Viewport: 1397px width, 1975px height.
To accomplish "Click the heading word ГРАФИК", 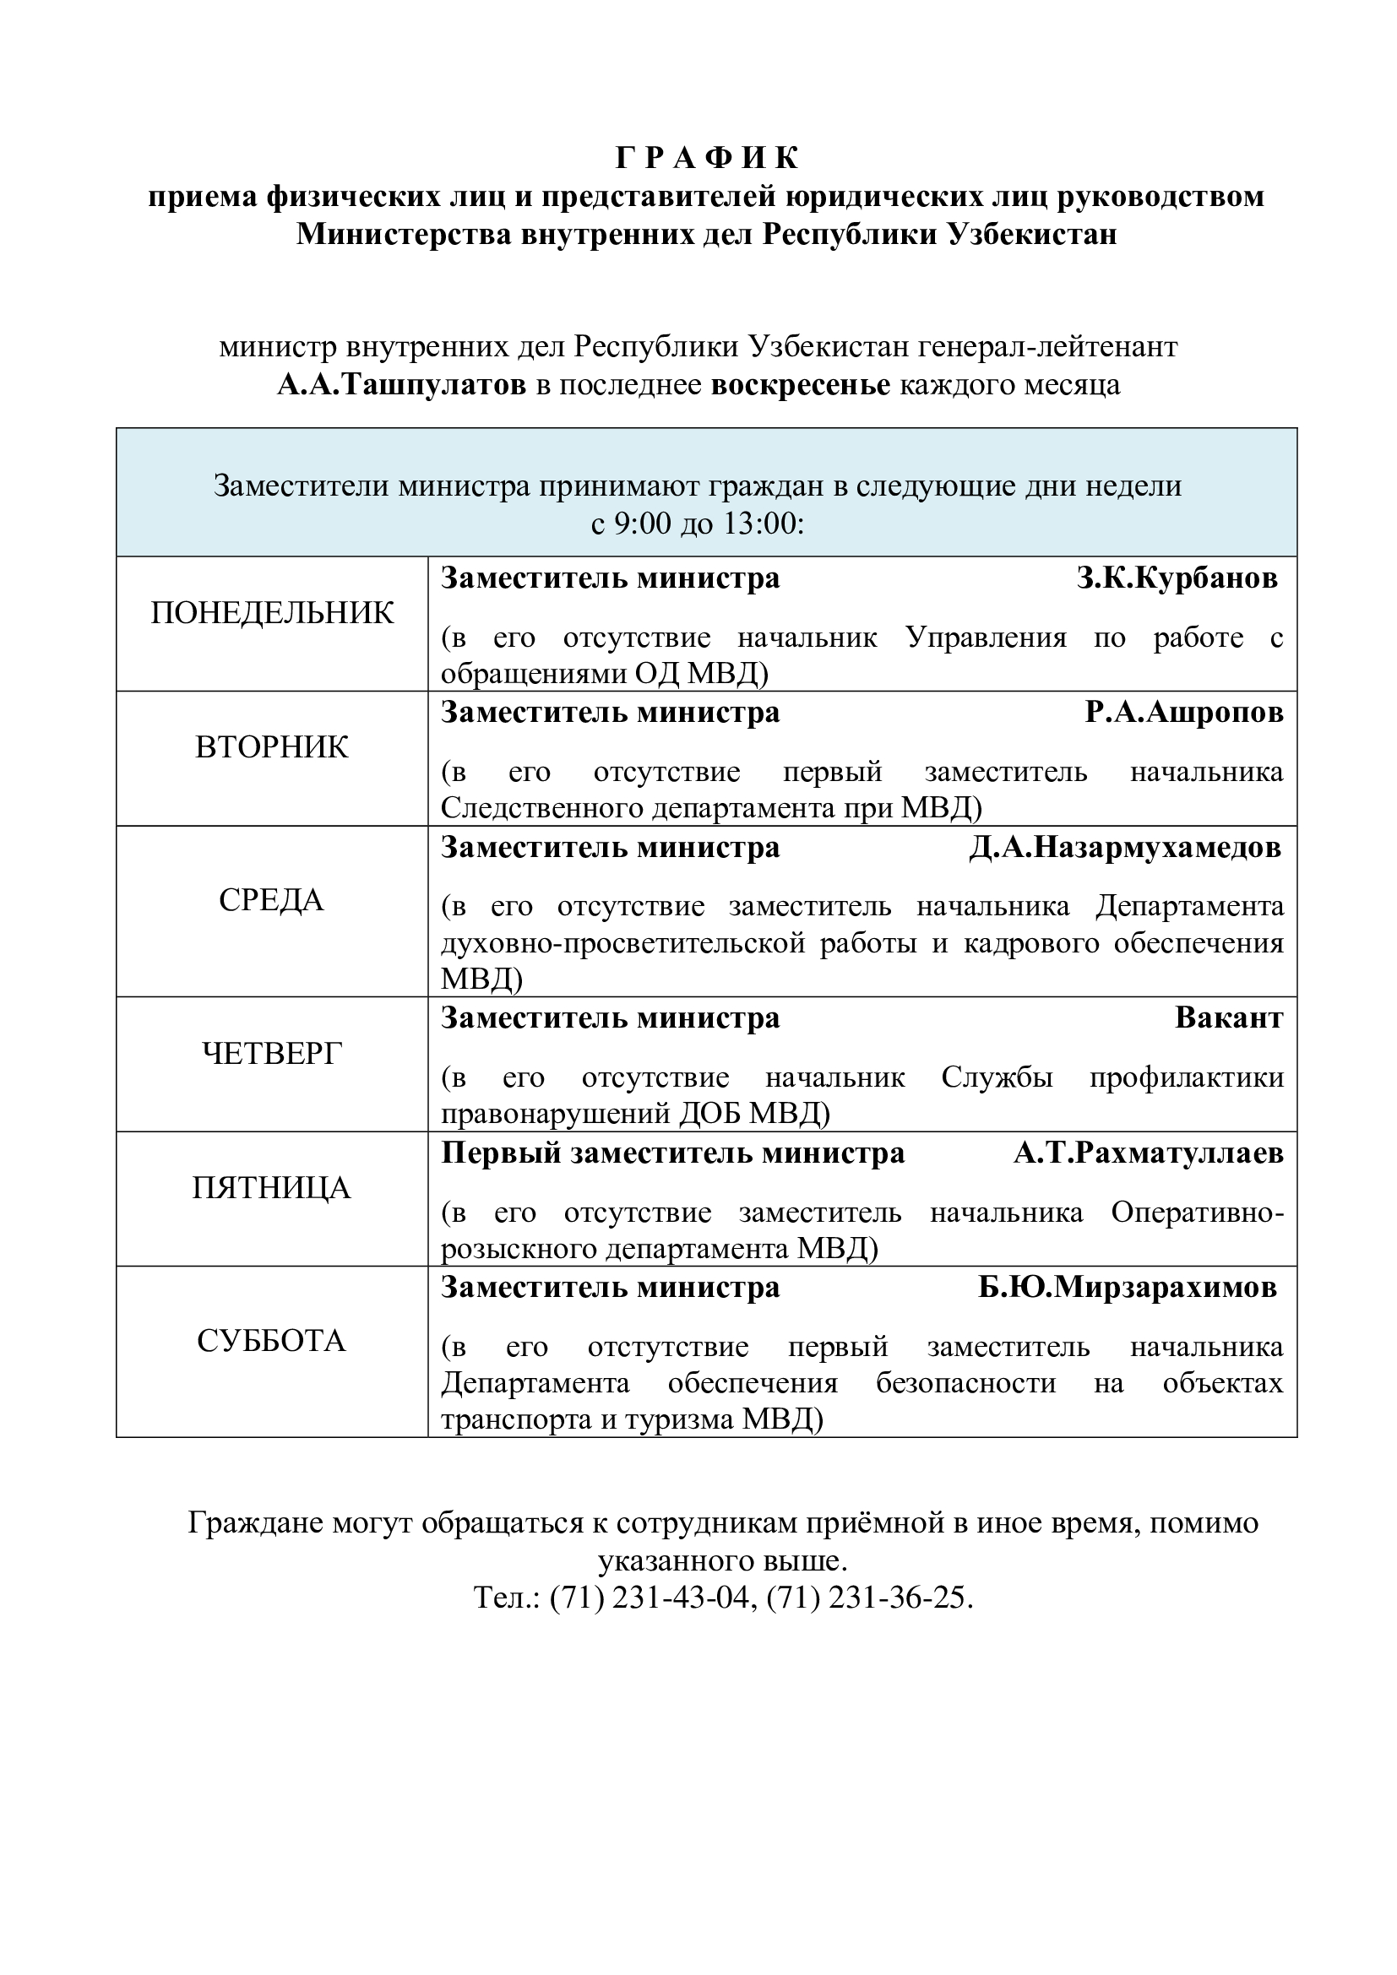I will click(x=707, y=158).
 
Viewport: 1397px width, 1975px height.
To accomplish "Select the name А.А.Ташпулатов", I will click(x=402, y=385).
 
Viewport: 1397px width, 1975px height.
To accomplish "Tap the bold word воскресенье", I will click(x=800, y=385).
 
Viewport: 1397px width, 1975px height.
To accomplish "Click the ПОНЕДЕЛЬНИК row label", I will click(x=272, y=613).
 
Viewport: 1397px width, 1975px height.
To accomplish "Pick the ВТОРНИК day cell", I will click(x=272, y=747).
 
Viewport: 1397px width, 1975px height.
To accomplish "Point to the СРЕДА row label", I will click(x=272, y=901).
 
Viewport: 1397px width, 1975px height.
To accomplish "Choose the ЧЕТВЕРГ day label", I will click(x=272, y=1053).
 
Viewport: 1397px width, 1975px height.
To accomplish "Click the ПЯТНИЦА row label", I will click(x=272, y=1188).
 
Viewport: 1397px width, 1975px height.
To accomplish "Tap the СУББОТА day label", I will click(x=272, y=1341).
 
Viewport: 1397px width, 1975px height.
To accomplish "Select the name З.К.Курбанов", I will click(x=1177, y=579).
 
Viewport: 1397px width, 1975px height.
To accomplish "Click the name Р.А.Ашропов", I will click(x=1183, y=713).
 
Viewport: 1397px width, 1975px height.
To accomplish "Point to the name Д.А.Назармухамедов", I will click(x=1125, y=848).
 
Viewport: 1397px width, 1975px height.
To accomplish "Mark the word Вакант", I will click(x=1228, y=1018).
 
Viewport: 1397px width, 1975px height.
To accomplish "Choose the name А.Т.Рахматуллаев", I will click(x=1148, y=1153).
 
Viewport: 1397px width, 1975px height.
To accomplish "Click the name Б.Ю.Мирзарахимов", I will click(x=1128, y=1288).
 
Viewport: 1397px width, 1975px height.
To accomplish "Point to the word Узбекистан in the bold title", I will click(x=1031, y=234).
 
